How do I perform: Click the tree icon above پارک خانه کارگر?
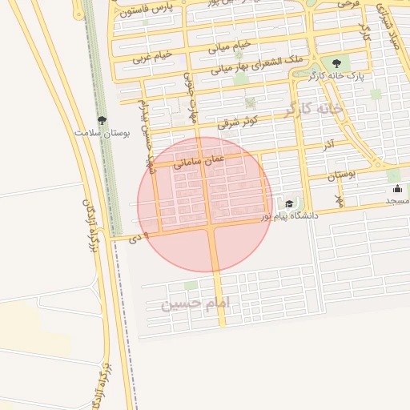[x=336, y=62]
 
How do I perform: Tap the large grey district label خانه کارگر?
[x=312, y=108]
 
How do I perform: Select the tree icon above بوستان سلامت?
[x=100, y=120]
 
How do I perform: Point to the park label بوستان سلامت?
[x=102, y=132]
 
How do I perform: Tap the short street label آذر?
[x=328, y=145]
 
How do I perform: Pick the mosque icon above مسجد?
[x=397, y=189]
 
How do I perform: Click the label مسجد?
[x=397, y=200]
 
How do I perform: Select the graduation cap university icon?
[x=288, y=204]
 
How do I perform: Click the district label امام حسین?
[x=195, y=303]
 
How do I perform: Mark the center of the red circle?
[x=205, y=205]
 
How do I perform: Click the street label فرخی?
[x=348, y=5]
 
